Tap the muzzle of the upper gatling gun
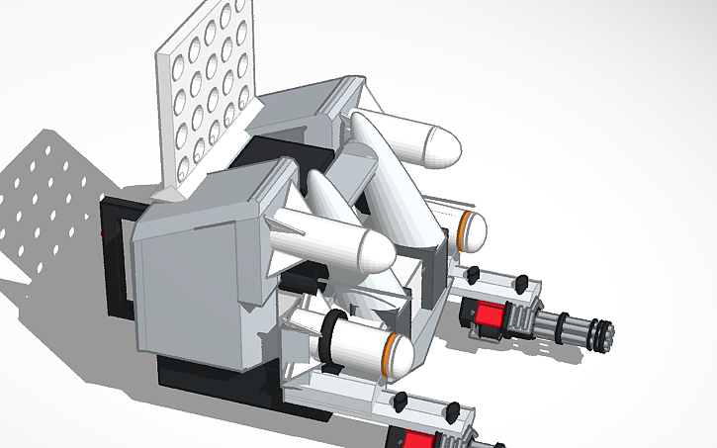pyautogui.click(x=602, y=333)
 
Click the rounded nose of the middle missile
pyautogui.click(x=376, y=254)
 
